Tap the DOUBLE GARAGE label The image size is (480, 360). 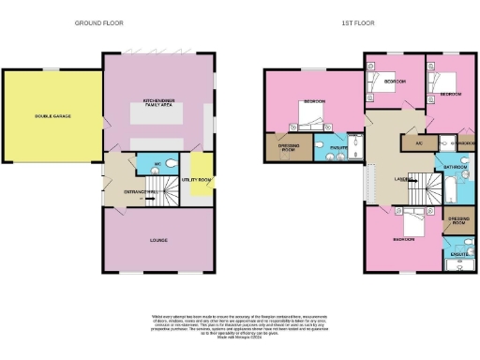[53, 116]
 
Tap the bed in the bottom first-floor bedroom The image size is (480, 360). [413, 221]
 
